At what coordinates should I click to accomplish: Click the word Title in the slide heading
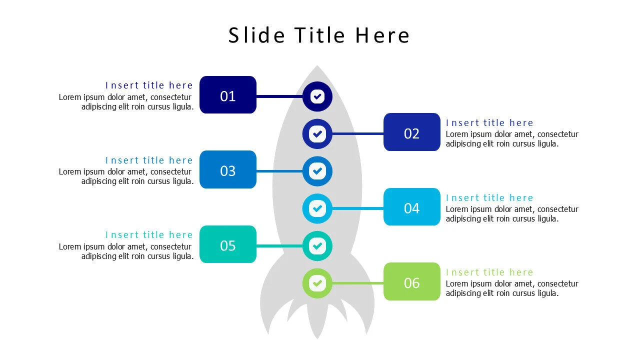pyautogui.click(x=319, y=35)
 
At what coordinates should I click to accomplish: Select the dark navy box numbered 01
pyautogui.click(x=227, y=95)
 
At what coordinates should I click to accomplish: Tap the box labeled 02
pyautogui.click(x=411, y=132)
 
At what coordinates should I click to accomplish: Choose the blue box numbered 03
pyautogui.click(x=227, y=170)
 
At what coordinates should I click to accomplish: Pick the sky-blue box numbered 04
pyautogui.click(x=411, y=207)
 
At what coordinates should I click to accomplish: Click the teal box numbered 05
pyautogui.click(x=227, y=244)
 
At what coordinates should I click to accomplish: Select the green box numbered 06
pyautogui.click(x=411, y=282)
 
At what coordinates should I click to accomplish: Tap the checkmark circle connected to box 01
pyautogui.click(x=317, y=96)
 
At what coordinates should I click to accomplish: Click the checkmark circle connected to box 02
pyautogui.click(x=317, y=133)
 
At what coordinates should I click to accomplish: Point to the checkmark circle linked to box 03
pyautogui.click(x=317, y=171)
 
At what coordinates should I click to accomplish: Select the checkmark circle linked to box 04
pyautogui.click(x=317, y=208)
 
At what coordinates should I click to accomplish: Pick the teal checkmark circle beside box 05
pyautogui.click(x=317, y=245)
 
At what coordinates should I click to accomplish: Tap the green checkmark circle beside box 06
pyautogui.click(x=317, y=283)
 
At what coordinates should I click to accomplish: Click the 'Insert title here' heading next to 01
pyautogui.click(x=149, y=85)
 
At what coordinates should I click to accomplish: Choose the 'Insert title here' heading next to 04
pyautogui.click(x=489, y=198)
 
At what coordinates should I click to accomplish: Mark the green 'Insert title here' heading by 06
pyautogui.click(x=489, y=272)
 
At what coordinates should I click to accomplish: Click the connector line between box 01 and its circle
pyautogui.click(x=279, y=96)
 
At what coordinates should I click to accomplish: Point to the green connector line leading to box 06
pyautogui.click(x=357, y=283)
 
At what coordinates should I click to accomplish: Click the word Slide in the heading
pyautogui.click(x=256, y=35)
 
